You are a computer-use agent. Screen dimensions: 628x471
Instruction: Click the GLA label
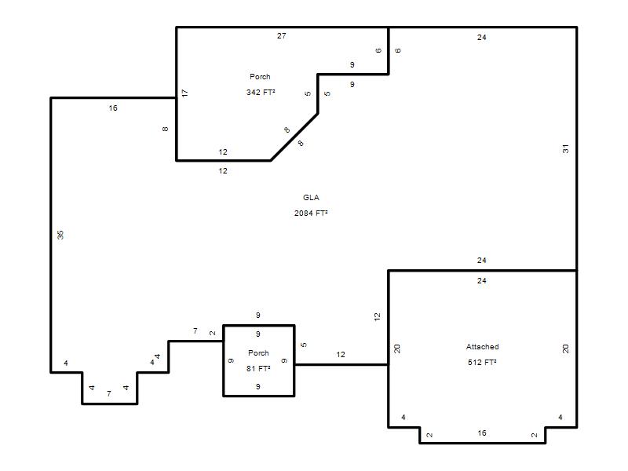[x=311, y=198]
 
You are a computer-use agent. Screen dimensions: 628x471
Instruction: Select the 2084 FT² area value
[x=311, y=213]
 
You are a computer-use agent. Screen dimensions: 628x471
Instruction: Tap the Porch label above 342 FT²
[x=260, y=76]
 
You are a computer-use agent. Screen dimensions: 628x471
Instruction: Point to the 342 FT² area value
[x=261, y=92]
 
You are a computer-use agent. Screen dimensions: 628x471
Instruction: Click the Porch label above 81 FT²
[x=258, y=352]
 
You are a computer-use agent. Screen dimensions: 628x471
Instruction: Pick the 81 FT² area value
[x=258, y=368]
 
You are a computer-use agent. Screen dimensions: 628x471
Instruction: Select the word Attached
[x=482, y=346]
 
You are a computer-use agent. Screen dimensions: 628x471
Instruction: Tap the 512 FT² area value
[x=482, y=362]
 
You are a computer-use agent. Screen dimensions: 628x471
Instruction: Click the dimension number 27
[x=282, y=35]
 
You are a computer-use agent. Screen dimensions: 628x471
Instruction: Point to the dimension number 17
[x=184, y=93]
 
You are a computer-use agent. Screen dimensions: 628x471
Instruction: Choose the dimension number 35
[x=60, y=235]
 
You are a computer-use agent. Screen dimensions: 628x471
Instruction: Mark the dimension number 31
[x=565, y=149]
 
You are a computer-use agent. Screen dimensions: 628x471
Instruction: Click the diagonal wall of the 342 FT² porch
[x=294, y=137]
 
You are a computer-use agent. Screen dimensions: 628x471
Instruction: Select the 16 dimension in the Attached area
[x=482, y=433]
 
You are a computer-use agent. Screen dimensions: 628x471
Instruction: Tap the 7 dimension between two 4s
[x=109, y=394]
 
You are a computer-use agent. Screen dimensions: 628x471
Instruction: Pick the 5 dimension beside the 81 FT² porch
[x=304, y=345]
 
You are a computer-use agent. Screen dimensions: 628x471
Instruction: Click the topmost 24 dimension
[x=482, y=37]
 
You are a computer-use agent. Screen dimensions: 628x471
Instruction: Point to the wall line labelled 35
[x=51, y=235]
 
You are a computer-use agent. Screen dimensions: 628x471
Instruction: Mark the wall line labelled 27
[x=283, y=27]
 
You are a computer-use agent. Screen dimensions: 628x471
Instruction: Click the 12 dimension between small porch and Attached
[x=341, y=355]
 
